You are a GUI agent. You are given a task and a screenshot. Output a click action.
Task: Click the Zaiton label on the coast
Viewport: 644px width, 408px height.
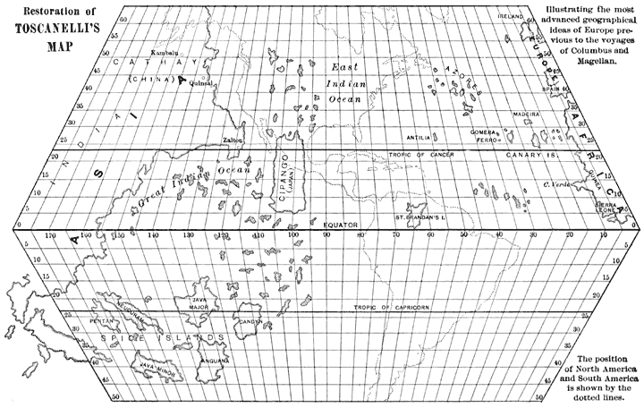point(232,140)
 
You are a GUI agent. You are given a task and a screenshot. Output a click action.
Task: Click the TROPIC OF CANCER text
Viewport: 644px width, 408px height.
point(422,155)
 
